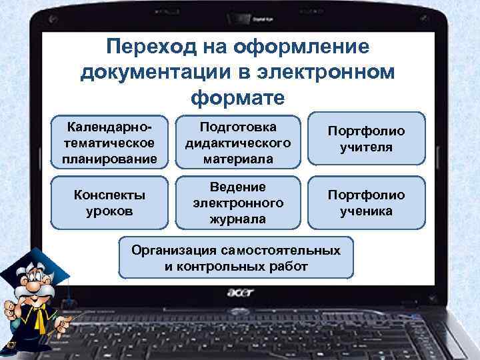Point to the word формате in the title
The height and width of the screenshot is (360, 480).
[x=237, y=97]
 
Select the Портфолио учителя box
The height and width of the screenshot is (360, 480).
[x=366, y=138]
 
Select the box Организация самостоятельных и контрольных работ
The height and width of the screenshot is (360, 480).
[x=236, y=258]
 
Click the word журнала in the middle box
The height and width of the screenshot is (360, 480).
[x=238, y=219]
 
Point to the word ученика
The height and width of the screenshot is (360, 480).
[x=366, y=211]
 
